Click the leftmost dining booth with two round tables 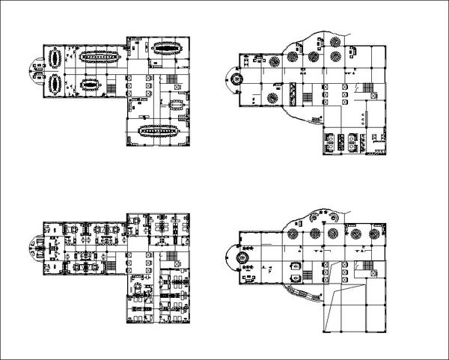click(330, 141)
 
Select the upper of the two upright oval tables click(55, 58)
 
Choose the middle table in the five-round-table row click(313, 57)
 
